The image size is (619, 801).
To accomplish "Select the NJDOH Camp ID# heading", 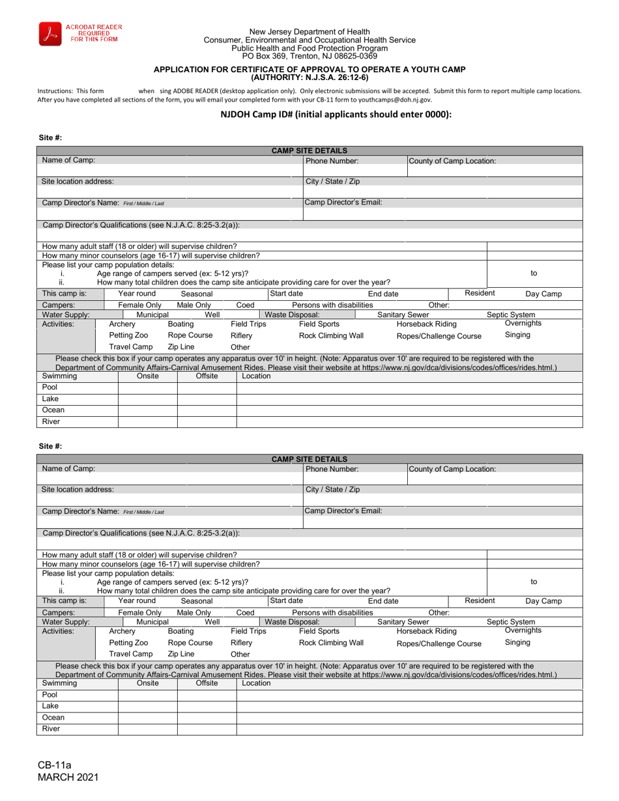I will (336, 114).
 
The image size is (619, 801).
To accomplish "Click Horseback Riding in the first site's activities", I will (426, 324).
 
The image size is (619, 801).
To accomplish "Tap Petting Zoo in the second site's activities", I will (128, 643).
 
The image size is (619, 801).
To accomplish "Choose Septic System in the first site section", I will (511, 315).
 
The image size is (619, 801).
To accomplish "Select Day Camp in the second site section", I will (543, 601).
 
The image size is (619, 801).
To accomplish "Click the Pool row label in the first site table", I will (50, 387).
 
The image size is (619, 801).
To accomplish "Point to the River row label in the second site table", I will (51, 729).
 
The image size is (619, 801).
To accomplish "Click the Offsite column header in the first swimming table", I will (207, 376).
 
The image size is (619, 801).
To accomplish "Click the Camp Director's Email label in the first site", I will (343, 203).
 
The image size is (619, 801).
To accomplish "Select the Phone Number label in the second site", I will (332, 469).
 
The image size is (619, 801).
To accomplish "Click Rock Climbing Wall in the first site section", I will (331, 335).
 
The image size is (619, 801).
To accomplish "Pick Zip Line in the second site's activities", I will (180, 654).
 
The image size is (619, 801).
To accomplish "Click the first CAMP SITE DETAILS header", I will (309, 150).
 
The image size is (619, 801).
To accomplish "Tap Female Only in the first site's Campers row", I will (139, 305).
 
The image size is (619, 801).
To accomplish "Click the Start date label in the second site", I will (286, 601).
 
